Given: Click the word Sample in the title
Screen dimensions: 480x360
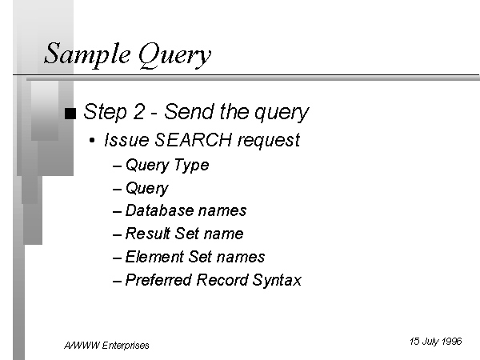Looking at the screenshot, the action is (87, 54).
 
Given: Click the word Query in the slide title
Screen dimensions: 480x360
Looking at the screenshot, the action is (174, 55).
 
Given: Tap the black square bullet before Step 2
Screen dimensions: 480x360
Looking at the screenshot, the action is (70, 114).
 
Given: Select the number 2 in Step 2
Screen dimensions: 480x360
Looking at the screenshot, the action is (138, 111).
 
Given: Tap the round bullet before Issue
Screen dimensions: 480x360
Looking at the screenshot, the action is (92, 141).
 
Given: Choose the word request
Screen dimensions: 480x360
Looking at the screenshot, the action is (269, 141).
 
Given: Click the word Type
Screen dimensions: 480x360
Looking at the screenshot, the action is (192, 166).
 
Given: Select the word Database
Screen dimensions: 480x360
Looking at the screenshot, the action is (158, 210).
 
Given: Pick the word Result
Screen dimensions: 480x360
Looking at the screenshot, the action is (148, 234).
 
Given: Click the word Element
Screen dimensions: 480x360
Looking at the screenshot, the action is (154, 257).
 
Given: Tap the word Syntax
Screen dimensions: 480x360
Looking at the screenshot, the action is (277, 281).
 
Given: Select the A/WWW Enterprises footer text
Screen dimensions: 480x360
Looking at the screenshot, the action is (106, 346).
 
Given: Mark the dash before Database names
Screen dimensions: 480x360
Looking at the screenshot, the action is (118, 212).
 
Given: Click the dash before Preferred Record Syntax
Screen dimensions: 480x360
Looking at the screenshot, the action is (118, 281).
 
